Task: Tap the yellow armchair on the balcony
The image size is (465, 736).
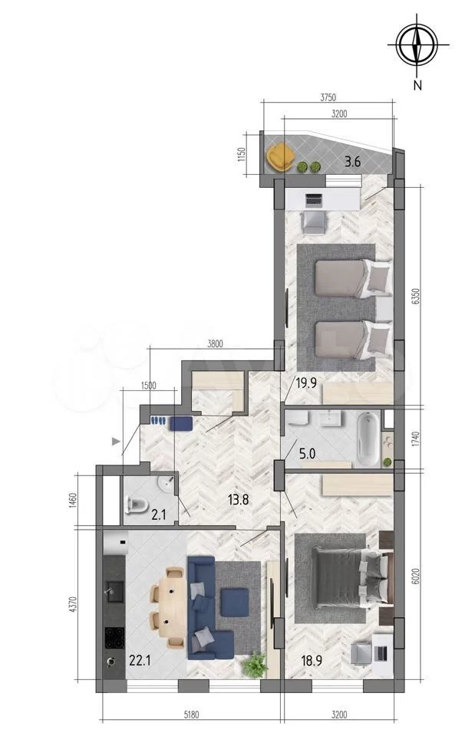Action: click(x=280, y=156)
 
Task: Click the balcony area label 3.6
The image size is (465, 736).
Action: click(x=352, y=163)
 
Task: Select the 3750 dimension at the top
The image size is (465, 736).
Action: click(x=328, y=97)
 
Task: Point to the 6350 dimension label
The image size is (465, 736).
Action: click(x=414, y=297)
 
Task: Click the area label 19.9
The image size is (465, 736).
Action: click(x=305, y=383)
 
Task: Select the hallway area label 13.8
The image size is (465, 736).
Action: click(x=238, y=499)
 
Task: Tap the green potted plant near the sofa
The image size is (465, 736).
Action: click(x=256, y=665)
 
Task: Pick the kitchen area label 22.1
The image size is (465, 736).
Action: click(x=140, y=661)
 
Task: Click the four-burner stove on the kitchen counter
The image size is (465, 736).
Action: click(x=114, y=639)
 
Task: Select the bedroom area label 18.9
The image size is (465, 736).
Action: click(x=312, y=661)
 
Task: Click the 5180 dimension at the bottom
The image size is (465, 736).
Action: click(x=191, y=715)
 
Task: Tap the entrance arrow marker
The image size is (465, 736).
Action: click(x=116, y=442)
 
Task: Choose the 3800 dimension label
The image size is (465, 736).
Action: click(x=215, y=343)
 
